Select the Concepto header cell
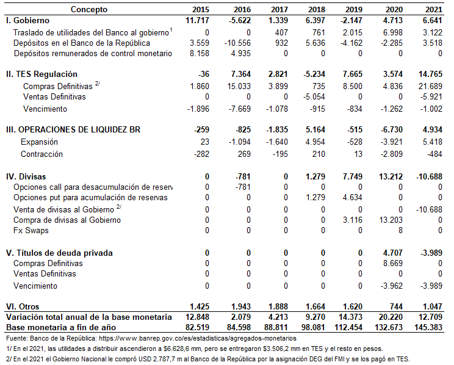[x=89, y=9]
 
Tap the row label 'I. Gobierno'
[x=27, y=20]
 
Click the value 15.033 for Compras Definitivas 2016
[x=237, y=86]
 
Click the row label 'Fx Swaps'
[x=31, y=230]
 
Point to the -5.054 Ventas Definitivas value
[x=316, y=96]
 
